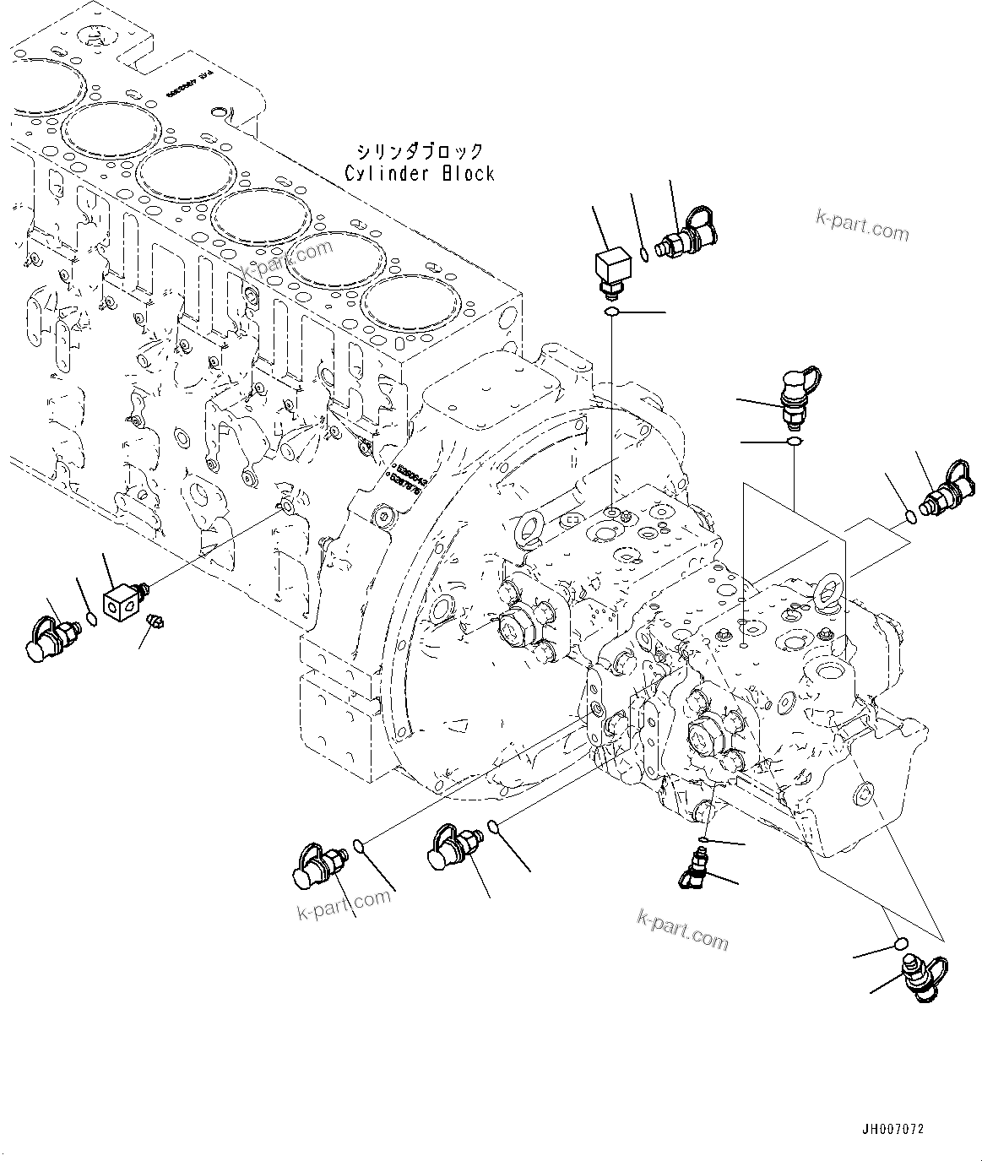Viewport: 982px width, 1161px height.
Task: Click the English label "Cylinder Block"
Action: [420, 174]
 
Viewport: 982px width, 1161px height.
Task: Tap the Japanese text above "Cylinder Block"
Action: [420, 152]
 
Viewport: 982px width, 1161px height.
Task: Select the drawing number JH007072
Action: [893, 1127]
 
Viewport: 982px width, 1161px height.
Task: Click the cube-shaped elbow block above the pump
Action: [611, 271]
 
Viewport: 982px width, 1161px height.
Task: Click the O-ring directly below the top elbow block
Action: [612, 314]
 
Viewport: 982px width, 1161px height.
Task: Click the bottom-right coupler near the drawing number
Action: [924, 978]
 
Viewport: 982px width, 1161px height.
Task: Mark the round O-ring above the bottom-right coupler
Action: [900, 943]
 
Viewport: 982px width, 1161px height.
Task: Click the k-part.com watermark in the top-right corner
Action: [862, 225]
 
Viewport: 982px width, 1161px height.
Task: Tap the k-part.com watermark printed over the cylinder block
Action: [287, 259]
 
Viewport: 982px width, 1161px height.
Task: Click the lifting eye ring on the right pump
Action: [830, 590]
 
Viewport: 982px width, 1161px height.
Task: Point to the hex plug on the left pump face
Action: [513, 626]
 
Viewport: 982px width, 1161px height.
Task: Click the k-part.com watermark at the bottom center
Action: [682, 928]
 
